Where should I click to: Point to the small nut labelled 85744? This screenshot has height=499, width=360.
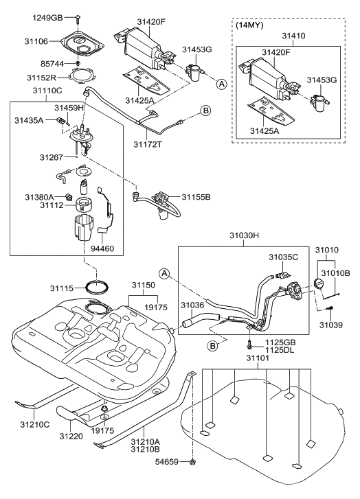pyautogui.click(x=79, y=64)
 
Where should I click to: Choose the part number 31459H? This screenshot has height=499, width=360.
pyautogui.click(x=69, y=108)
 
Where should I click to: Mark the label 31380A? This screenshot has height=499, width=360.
pyautogui.click(x=40, y=196)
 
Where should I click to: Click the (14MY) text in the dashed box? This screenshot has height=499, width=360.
pyautogui.click(x=249, y=25)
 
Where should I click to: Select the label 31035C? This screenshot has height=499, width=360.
pyautogui.click(x=284, y=257)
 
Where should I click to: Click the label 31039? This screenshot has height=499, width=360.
pyautogui.click(x=330, y=318)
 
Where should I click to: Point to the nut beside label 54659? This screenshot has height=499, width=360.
pyautogui.click(x=193, y=481)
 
